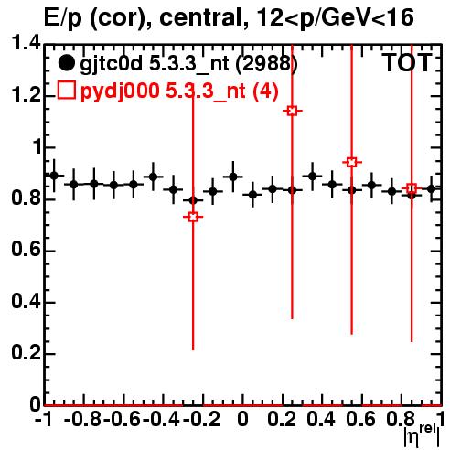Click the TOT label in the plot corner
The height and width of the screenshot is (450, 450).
click(x=407, y=63)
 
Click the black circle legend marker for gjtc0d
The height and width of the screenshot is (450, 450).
click(x=66, y=63)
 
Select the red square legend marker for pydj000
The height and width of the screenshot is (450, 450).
click(x=66, y=91)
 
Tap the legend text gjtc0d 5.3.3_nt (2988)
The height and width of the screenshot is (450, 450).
click(x=188, y=64)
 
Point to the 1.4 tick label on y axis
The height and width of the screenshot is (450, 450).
click(x=26, y=43)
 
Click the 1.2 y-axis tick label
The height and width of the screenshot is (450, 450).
click(x=26, y=95)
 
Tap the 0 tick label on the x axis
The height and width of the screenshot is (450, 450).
click(x=242, y=419)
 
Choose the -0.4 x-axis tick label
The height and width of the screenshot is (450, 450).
click(x=161, y=419)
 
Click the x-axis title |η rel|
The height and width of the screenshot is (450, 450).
click(x=422, y=436)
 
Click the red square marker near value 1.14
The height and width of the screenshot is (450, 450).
click(x=292, y=111)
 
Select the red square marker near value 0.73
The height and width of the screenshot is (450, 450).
click(x=193, y=217)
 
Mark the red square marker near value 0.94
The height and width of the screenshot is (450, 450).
click(x=352, y=162)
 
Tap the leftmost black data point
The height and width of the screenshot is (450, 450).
click(x=54, y=176)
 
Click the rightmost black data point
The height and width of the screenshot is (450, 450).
click(x=431, y=189)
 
